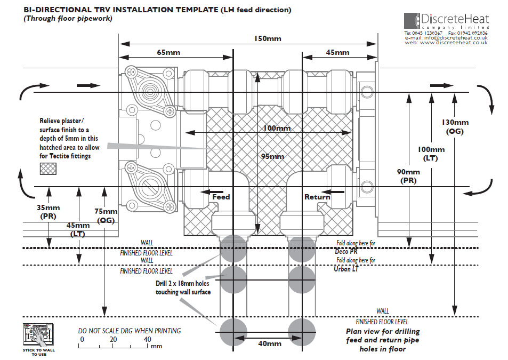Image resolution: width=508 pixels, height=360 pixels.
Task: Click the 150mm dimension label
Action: pyautogui.click(x=267, y=39)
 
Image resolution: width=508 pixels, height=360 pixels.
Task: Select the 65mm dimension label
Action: pyautogui.click(x=168, y=52)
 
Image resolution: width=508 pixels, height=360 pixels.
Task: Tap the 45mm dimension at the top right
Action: pyautogui.click(x=337, y=52)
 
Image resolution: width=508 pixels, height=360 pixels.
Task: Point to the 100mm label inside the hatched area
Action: pyautogui.click(x=277, y=129)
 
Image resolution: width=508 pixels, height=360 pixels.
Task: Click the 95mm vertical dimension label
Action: pyautogui.click(x=273, y=156)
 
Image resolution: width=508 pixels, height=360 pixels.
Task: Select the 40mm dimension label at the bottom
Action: pyautogui.click(x=269, y=343)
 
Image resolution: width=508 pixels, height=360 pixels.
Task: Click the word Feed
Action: pyautogui.click(x=221, y=197)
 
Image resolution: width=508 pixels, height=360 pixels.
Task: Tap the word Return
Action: pyautogui.click(x=317, y=197)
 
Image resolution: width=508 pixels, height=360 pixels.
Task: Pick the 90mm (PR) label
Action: pyautogui.click(x=409, y=176)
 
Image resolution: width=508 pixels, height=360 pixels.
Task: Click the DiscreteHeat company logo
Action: pyautogui.click(x=446, y=21)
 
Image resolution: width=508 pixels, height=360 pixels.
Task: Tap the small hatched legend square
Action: pyautogui.click(x=50, y=169)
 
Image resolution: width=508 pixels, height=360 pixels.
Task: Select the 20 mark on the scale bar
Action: pyautogui.click(x=114, y=340)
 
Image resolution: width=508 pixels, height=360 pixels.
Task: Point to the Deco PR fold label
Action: pyautogui.click(x=346, y=251)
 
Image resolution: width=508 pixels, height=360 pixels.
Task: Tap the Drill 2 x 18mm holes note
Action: pyautogui.click(x=183, y=288)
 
